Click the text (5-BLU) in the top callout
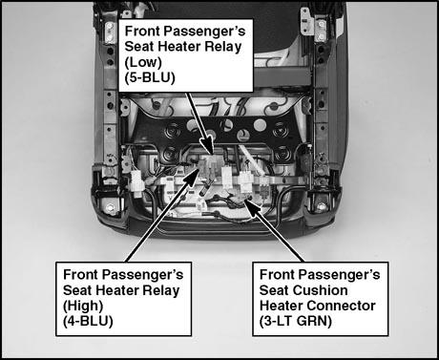click(x=150, y=77)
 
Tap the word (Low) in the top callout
click(x=143, y=62)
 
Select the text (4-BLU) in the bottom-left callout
click(x=88, y=321)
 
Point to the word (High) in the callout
click(x=83, y=306)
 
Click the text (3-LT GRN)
click(x=296, y=321)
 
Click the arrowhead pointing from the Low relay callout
click(x=209, y=145)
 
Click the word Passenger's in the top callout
click(x=205, y=32)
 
